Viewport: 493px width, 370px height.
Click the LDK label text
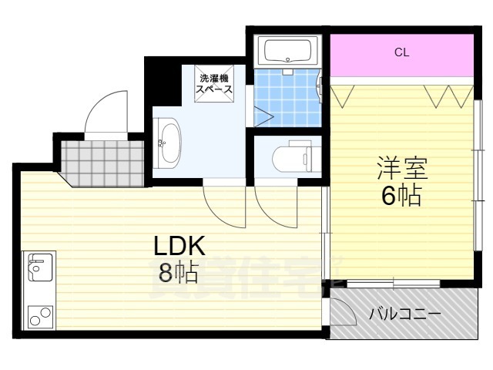(178, 247)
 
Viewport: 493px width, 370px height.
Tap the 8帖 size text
(178, 271)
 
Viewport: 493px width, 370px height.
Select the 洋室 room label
(401, 168)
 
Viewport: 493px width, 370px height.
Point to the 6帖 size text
(401, 196)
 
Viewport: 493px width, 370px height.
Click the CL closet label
(401, 53)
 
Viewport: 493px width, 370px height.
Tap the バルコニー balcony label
(404, 314)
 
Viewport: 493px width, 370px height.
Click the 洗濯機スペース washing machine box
(215, 83)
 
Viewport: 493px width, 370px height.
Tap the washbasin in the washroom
(169, 143)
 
